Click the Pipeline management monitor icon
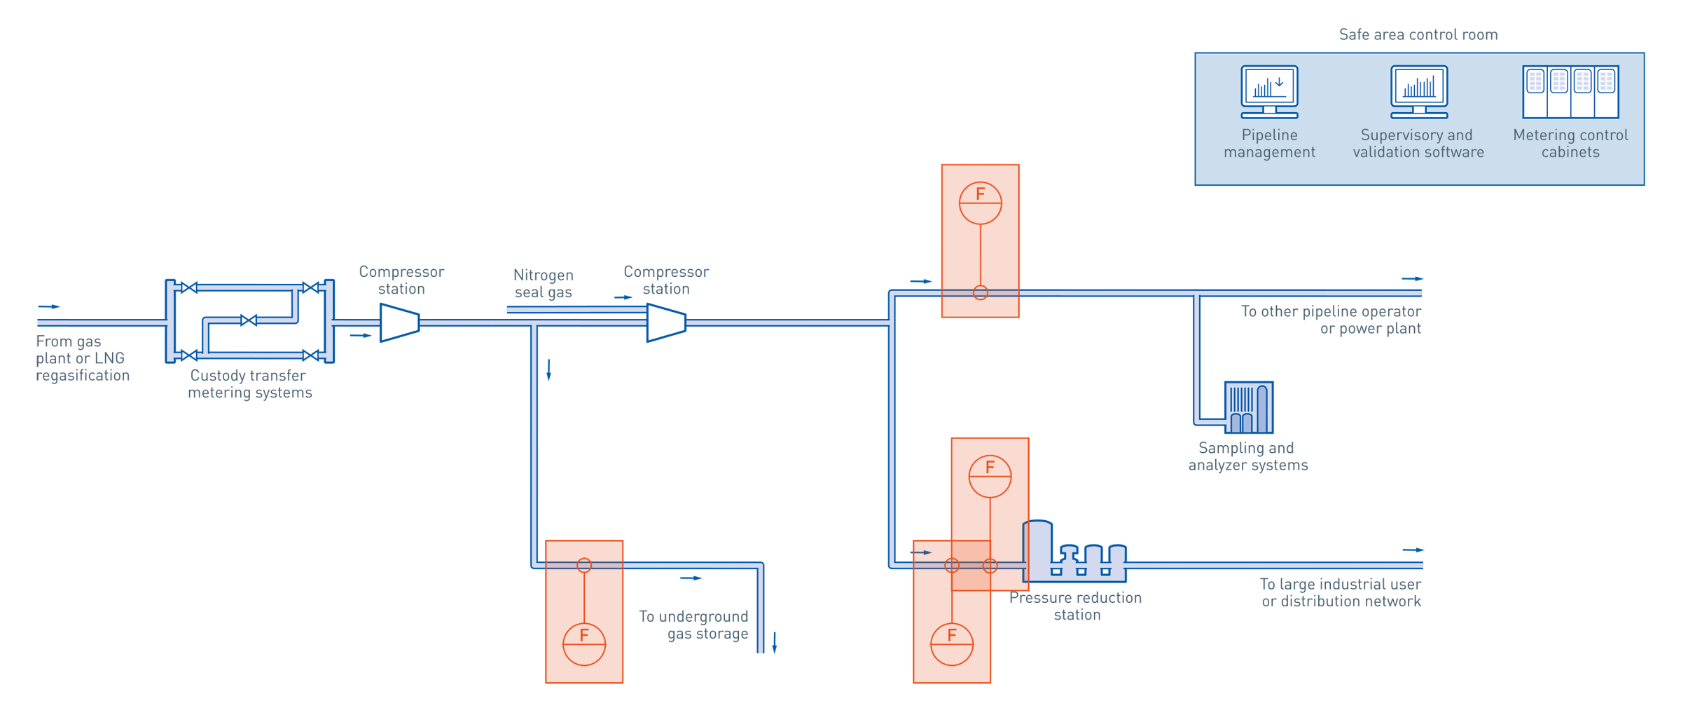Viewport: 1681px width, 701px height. point(1269,91)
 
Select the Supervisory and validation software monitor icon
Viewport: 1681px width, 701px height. point(1419,91)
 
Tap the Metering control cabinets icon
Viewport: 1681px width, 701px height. point(1570,92)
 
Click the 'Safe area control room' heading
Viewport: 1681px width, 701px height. point(1418,34)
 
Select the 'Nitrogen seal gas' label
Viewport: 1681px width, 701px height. point(544,284)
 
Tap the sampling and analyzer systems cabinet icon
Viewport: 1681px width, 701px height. point(1248,407)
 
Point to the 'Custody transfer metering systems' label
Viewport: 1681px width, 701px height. point(249,384)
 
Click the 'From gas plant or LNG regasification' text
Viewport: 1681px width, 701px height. point(81,358)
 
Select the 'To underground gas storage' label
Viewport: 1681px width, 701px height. point(693,625)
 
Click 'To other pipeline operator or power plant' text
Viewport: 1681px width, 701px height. point(1331,320)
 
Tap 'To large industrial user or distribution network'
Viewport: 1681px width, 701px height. point(1341,592)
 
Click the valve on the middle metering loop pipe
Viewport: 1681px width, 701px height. point(249,320)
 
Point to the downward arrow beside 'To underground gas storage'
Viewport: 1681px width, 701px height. point(775,642)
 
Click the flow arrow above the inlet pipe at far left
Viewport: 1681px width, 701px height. point(49,306)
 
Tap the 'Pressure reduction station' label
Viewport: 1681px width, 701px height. point(1076,606)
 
